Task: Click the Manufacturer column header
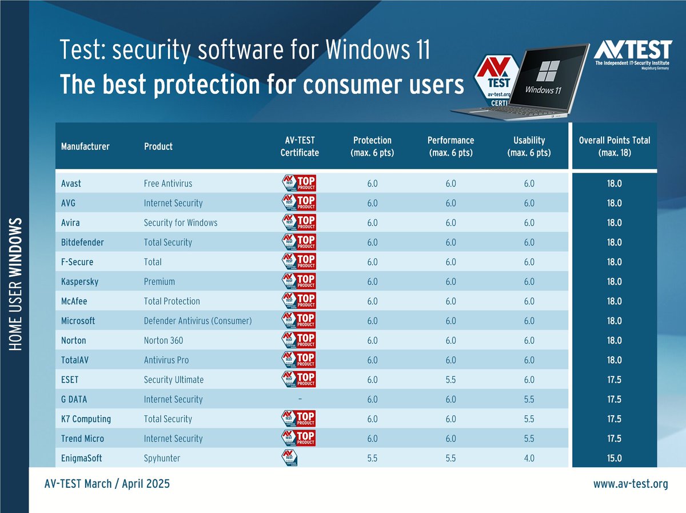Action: (x=85, y=146)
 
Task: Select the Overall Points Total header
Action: (x=614, y=146)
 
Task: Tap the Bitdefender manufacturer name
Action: (x=82, y=242)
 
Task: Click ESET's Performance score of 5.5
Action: (x=450, y=380)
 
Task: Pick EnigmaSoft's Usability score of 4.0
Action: (x=529, y=458)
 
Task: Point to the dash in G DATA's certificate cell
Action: (x=300, y=399)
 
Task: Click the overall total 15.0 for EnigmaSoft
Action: (x=614, y=458)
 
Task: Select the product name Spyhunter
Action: (x=162, y=458)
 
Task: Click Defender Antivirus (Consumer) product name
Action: (x=198, y=321)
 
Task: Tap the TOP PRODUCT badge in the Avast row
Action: (x=300, y=184)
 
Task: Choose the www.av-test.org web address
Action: (x=631, y=484)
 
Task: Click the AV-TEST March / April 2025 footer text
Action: (x=107, y=484)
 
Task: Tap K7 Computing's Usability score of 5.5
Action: (x=529, y=419)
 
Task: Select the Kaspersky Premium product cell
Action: (x=159, y=282)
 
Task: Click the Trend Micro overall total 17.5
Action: (x=614, y=439)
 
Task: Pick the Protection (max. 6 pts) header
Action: (x=372, y=146)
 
